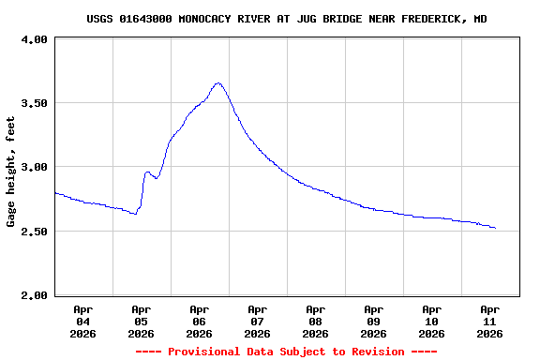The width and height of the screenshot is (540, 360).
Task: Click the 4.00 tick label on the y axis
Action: tap(34, 39)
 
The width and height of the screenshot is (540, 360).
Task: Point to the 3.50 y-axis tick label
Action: tap(34, 103)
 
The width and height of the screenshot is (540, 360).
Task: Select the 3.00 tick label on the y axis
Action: tap(34, 167)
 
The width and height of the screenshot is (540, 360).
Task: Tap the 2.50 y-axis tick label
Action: tap(34, 232)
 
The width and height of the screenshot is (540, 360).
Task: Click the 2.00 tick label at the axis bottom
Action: tap(34, 295)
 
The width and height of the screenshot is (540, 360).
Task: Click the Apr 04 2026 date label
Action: tap(82, 321)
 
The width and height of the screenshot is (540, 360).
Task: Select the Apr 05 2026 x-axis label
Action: tap(141, 321)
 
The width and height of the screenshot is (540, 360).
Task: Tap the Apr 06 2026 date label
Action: tap(199, 321)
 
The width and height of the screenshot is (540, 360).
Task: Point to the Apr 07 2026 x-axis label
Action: tap(257, 321)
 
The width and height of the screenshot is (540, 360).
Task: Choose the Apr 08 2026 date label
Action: tap(315, 321)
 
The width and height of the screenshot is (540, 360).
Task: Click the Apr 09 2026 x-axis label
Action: tap(373, 321)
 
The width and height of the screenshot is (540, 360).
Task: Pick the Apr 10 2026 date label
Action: tap(431, 321)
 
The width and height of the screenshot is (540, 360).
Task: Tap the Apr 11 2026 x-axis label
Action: tap(489, 321)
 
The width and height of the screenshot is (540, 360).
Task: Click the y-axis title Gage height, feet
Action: tap(11, 172)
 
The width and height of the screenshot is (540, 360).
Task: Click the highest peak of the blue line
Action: tap(218, 82)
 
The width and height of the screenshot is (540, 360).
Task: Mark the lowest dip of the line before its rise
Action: tap(135, 215)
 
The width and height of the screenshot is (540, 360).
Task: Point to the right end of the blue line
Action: tap(495, 228)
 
